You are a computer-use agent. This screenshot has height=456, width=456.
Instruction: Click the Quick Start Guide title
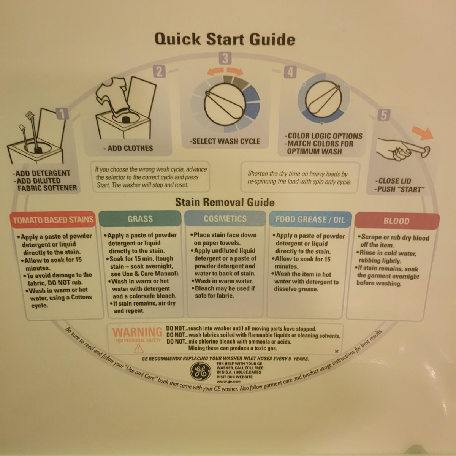tap(225, 39)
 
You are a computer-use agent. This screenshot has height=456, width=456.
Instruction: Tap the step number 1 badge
tap(62, 114)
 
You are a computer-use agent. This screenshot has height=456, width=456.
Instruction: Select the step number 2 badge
tap(160, 71)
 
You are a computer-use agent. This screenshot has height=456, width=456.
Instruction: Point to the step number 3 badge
tap(225, 58)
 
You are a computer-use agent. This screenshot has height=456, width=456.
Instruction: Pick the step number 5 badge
tap(383, 115)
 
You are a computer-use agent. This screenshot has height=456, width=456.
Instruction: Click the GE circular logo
tap(200, 372)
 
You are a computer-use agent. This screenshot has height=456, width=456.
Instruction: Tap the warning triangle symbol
tap(139, 348)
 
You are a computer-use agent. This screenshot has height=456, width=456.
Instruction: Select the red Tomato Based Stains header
tap(53, 220)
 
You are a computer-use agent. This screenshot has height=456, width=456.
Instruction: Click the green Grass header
tap(140, 218)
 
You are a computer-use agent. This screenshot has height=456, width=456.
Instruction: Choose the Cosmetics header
tap(225, 218)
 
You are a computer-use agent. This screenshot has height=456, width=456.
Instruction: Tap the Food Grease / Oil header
tap(310, 220)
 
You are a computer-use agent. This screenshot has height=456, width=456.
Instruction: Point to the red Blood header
tap(397, 221)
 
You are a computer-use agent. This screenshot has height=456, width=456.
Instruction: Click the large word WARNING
tap(137, 332)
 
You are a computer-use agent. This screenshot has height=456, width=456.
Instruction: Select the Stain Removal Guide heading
tap(225, 202)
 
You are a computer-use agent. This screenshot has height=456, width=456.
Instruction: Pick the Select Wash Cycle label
tap(225, 141)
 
